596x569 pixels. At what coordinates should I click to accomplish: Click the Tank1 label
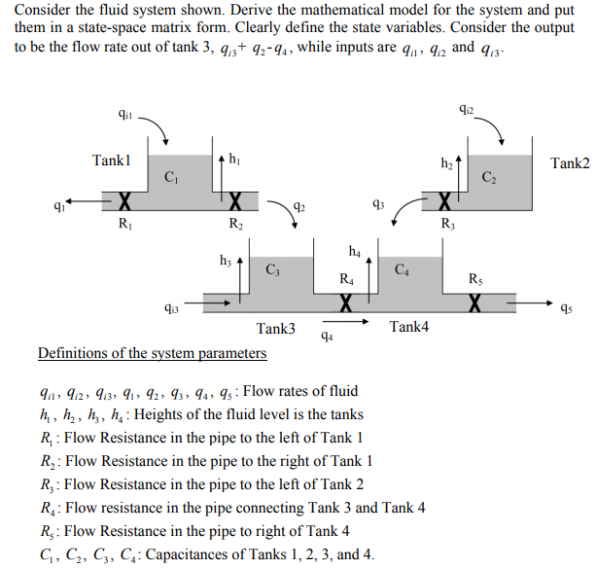[x=111, y=160]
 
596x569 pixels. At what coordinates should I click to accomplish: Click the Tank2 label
[x=570, y=162]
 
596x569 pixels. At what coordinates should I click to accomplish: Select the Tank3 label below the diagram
[x=276, y=329]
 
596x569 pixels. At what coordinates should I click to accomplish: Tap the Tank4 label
[x=408, y=327]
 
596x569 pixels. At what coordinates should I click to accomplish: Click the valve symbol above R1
[x=123, y=203]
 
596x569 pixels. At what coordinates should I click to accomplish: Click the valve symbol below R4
[x=344, y=303]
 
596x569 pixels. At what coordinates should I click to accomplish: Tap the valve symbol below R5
[x=475, y=303]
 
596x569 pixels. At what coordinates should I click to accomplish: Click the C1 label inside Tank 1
[x=172, y=177]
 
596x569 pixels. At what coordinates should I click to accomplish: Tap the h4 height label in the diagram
[x=354, y=252]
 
